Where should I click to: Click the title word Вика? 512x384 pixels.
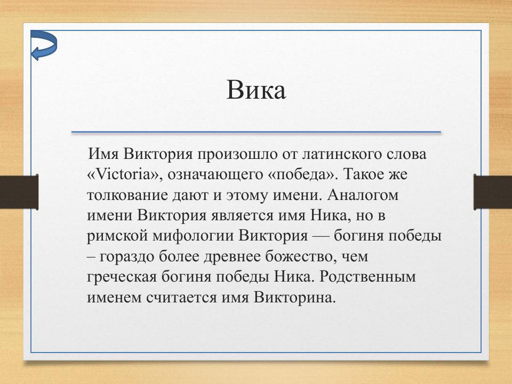256,90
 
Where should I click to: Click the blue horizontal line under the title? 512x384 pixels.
256,132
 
